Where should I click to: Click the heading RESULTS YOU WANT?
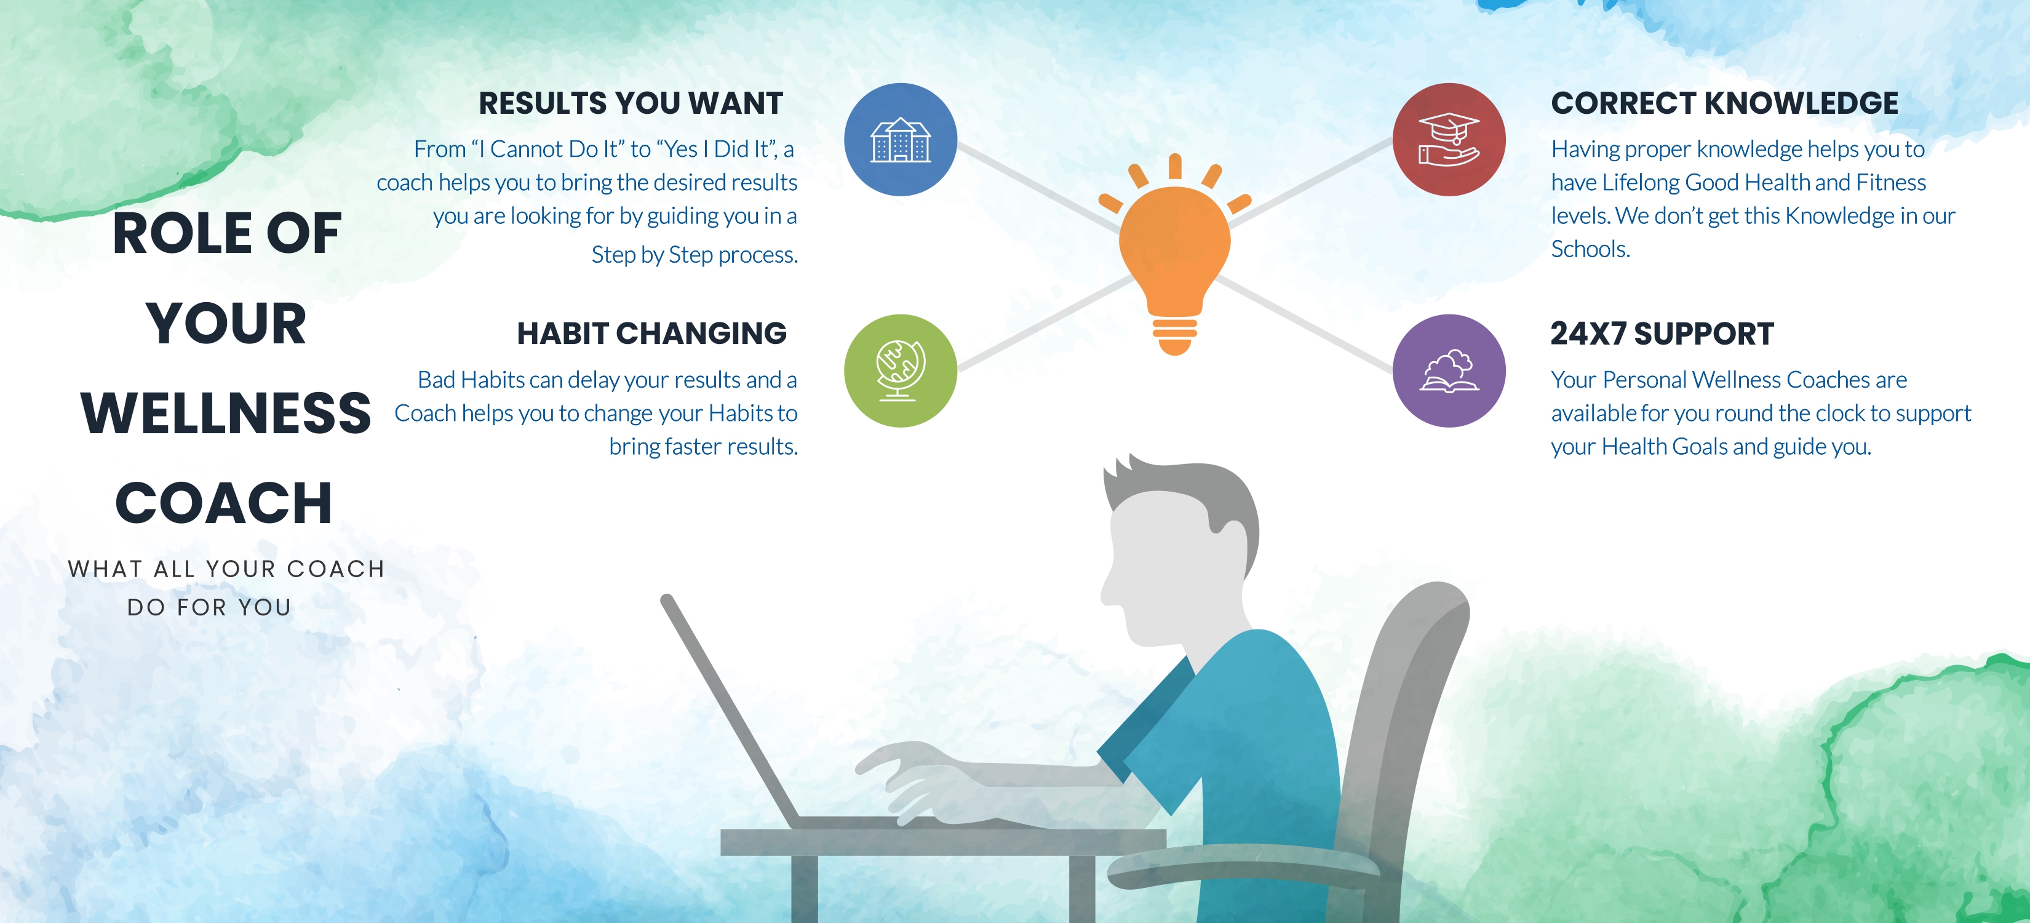click(631, 103)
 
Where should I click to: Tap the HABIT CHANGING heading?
click(651, 334)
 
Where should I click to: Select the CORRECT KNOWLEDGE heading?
click(1724, 103)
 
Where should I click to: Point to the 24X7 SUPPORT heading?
click(1662, 334)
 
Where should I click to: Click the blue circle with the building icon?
click(901, 140)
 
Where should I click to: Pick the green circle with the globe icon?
click(901, 370)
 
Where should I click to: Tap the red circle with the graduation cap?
click(1449, 140)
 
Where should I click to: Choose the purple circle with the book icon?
click(1449, 370)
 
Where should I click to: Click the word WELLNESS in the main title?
click(226, 413)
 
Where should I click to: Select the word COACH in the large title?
click(224, 503)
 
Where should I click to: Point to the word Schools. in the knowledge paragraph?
click(1590, 249)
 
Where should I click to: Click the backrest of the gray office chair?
click(1411, 709)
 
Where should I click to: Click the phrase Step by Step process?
click(695, 255)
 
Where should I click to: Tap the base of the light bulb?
click(1175, 335)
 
